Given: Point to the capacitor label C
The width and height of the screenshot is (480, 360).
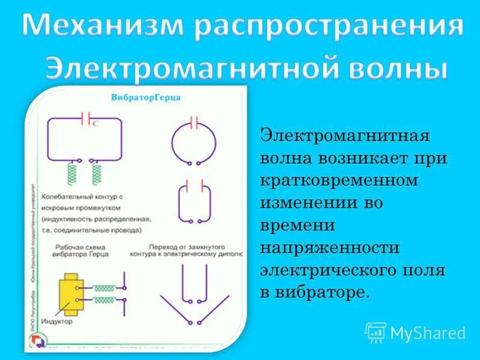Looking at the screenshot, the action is pos(96,123).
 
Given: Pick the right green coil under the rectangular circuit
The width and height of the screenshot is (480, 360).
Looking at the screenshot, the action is pos(96,173).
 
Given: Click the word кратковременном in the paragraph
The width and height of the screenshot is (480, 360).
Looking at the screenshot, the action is pos(339,181).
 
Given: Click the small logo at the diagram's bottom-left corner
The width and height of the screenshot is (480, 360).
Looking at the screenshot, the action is pos(38,338).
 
